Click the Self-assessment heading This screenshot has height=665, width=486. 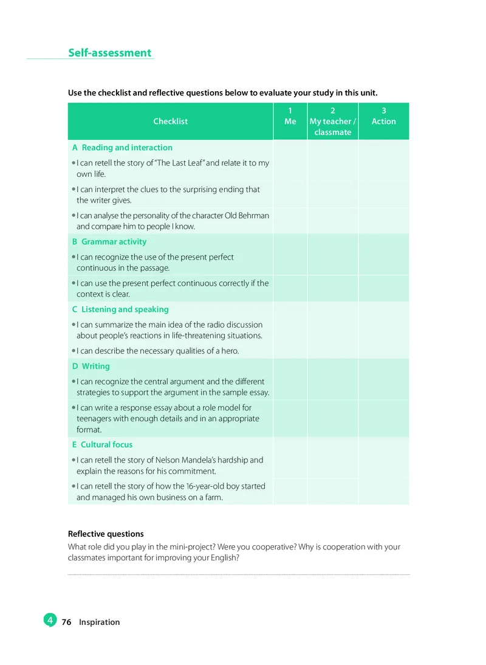[109, 53]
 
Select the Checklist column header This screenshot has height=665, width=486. [170, 122]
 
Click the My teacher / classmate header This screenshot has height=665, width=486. [332, 122]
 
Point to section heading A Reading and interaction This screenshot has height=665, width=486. [122, 148]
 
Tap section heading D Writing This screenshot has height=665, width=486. [91, 367]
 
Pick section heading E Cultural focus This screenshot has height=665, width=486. [102, 445]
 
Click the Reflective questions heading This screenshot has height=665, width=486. [106, 534]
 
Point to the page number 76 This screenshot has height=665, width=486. [67, 622]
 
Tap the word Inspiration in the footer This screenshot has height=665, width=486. [99, 622]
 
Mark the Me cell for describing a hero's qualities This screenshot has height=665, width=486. [290, 351]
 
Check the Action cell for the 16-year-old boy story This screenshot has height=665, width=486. [383, 491]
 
